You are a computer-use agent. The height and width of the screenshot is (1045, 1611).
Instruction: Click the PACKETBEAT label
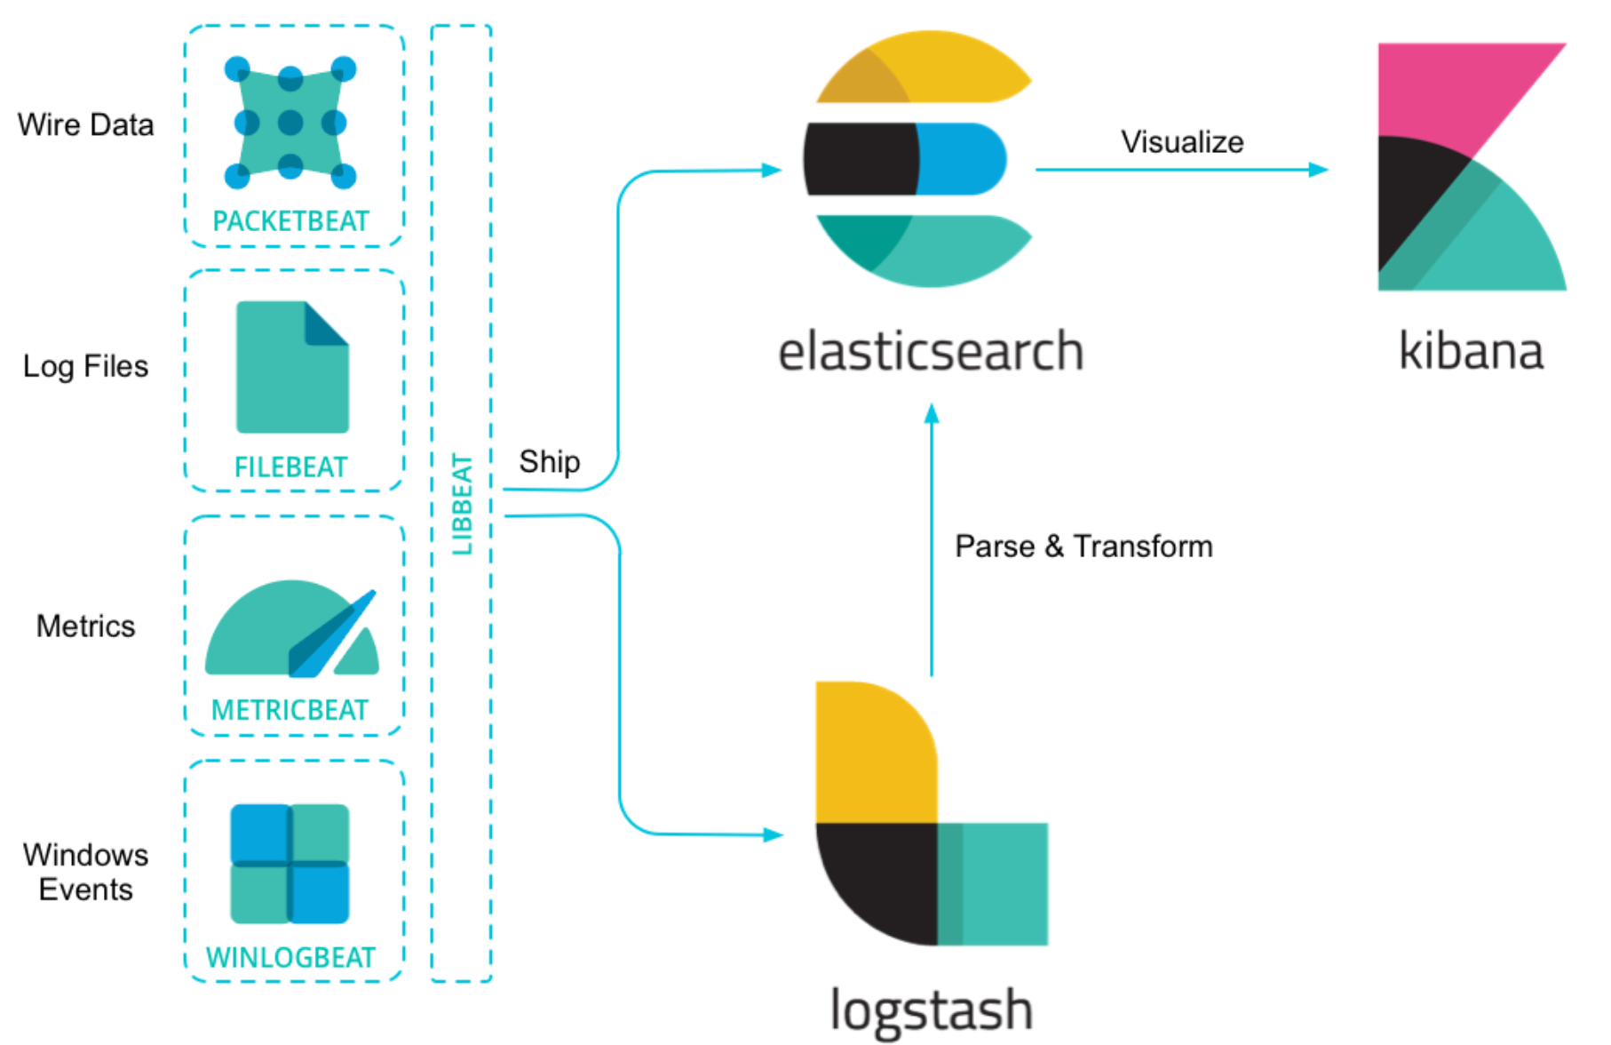(x=290, y=220)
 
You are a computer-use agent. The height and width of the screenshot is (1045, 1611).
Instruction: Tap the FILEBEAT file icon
(x=292, y=367)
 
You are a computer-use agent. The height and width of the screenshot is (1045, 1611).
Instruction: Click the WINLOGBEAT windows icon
(x=290, y=864)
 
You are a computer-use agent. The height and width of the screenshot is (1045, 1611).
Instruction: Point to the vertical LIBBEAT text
(x=462, y=504)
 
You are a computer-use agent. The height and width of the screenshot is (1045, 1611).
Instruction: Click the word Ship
(x=549, y=461)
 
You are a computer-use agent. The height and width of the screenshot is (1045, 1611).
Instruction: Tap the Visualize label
(x=1181, y=142)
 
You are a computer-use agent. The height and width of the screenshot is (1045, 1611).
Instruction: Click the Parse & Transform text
(x=1083, y=546)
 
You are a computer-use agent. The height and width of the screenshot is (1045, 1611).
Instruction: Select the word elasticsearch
(x=930, y=351)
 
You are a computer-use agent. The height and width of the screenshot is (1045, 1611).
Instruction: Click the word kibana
(x=1470, y=351)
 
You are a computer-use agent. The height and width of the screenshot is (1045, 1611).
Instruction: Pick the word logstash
(x=931, y=1010)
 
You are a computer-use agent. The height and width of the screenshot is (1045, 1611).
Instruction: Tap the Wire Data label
(x=85, y=124)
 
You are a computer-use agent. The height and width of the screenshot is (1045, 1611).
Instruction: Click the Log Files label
(x=85, y=366)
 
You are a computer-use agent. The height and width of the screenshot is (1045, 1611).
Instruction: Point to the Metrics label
(x=85, y=626)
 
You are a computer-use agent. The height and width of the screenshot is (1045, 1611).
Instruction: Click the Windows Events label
(x=85, y=872)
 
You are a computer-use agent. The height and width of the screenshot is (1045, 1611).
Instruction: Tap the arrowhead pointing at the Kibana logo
(x=1319, y=169)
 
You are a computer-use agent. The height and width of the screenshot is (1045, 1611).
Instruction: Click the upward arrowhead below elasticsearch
(x=932, y=414)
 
